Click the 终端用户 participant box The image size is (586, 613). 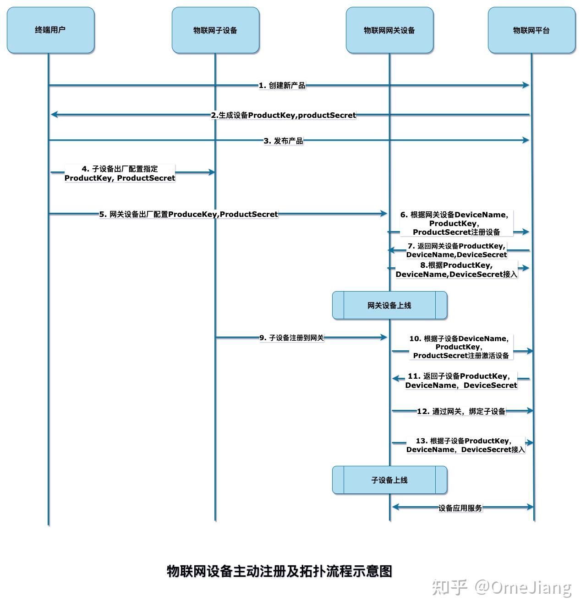50,30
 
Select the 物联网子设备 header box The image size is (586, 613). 215,30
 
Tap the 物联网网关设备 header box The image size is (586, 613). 389,30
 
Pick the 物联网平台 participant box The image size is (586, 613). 531,30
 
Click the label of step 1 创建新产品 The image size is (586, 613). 282,85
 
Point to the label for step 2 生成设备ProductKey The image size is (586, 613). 283,115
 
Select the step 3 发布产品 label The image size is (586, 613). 283,141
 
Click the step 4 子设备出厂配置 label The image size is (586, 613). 120,173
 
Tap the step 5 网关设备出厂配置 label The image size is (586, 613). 188,214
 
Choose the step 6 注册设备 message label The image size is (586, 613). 456,223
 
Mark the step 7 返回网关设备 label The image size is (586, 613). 456,250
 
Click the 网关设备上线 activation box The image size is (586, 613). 389,305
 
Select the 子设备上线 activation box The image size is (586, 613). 389,480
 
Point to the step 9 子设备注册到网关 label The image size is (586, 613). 291,338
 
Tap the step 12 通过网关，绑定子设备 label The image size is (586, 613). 461,411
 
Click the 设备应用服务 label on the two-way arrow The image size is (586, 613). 460,508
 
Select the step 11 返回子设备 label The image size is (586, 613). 460,381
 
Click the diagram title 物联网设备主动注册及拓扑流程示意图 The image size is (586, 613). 279,571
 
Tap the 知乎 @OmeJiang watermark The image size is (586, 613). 502,587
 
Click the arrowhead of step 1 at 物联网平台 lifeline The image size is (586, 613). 526,85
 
